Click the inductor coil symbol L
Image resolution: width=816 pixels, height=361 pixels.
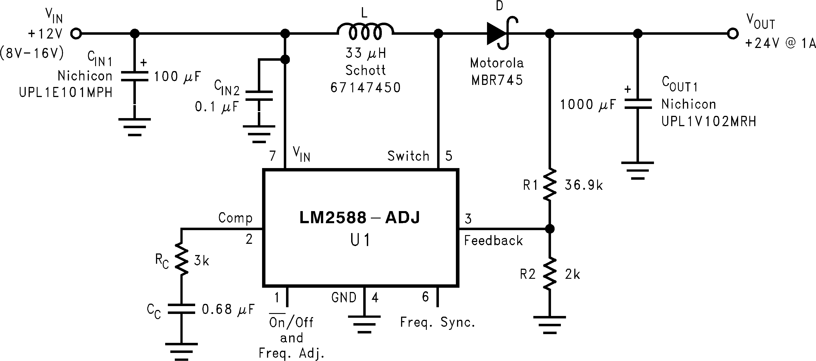365,32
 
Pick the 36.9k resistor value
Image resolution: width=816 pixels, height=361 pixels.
583,185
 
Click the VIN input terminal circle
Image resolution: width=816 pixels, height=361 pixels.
76,33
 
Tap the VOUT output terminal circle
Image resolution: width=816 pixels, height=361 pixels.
733,33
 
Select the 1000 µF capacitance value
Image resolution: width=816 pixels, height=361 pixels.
588,105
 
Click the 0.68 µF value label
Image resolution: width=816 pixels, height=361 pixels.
228,309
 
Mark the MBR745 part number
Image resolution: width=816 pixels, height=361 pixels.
497,80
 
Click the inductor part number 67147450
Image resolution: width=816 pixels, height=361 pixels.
365,88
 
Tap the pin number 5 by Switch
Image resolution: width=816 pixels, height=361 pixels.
449,156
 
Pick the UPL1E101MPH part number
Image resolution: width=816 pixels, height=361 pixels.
66,93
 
